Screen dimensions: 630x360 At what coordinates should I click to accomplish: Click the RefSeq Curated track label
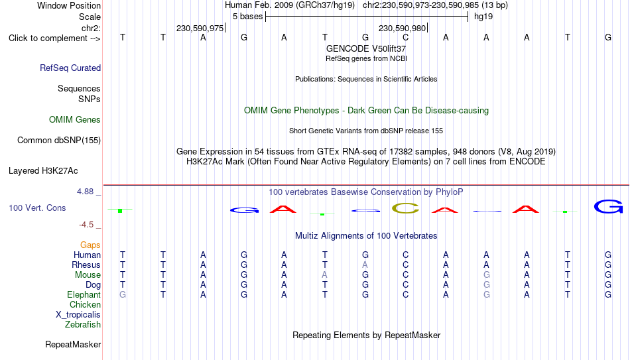70,68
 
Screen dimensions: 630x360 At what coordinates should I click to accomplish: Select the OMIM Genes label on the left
75,120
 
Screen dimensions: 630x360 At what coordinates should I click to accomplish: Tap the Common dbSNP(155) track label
58,141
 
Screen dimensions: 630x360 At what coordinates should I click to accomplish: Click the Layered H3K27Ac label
43,171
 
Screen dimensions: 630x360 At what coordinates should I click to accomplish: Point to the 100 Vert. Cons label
37,208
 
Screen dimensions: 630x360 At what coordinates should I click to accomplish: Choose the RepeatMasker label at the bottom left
73,344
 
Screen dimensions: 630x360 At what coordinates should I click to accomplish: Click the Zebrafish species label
83,324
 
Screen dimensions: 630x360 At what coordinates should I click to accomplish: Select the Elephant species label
84,294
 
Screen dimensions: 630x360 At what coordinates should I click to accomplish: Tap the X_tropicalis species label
78,315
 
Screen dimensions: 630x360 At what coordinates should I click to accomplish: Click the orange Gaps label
90,245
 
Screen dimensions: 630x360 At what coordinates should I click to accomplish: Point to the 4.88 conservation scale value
86,192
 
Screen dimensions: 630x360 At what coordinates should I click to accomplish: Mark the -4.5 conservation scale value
86,225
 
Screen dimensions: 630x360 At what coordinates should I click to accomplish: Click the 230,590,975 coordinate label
200,28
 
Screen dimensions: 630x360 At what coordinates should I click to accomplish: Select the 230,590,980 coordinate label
402,28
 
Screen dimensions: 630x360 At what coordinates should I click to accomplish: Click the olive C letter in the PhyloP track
405,208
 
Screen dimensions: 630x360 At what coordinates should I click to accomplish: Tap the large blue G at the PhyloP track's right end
608,206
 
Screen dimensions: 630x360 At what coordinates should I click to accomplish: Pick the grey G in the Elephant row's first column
123,294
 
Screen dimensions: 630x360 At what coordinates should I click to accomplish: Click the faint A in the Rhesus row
365,265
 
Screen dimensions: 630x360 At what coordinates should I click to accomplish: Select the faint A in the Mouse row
325,275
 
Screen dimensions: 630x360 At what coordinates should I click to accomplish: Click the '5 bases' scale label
247,17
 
